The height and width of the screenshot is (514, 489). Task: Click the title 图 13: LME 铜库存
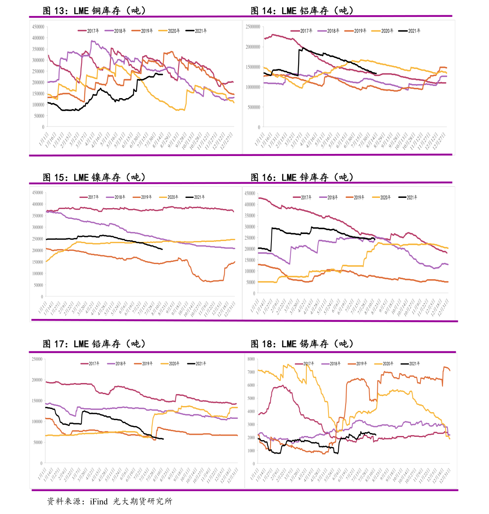coord(94,11)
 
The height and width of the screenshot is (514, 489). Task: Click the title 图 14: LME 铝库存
coord(302,11)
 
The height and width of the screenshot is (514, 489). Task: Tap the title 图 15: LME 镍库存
coord(94,177)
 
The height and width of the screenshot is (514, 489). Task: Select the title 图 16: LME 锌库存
coord(302,177)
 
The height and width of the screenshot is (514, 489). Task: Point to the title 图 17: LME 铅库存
coord(94,344)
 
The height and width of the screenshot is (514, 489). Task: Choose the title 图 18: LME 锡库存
coord(302,344)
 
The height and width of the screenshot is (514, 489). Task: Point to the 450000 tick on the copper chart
coord(38,27)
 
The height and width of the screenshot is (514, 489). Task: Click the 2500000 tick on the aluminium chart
coord(253,27)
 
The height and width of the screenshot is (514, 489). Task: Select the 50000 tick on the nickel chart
coord(38,285)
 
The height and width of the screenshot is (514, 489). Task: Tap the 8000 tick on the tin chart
coord(251,359)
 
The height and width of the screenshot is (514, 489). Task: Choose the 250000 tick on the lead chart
coord(37,359)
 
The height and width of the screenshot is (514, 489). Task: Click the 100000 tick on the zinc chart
coord(250,271)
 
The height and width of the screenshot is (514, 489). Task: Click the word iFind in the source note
coord(99,501)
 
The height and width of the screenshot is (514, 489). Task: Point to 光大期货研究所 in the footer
coord(142,501)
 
